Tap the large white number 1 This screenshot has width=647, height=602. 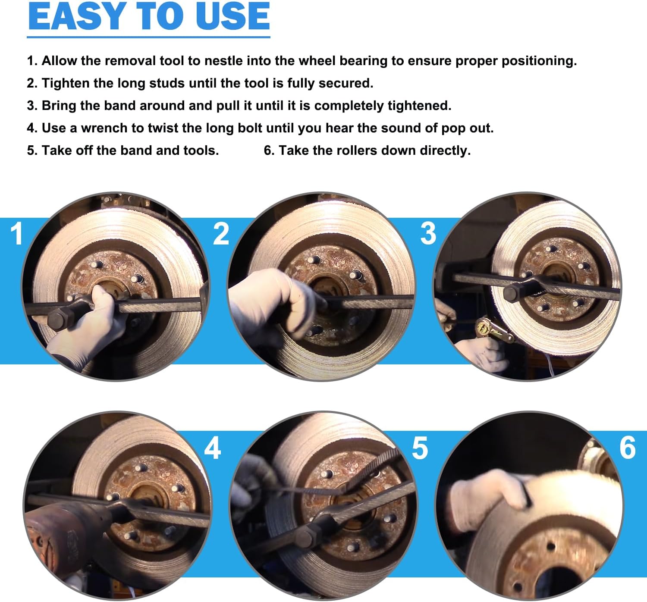coord(16,234)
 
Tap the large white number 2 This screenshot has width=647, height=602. coord(221,234)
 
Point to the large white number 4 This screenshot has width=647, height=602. coord(212,448)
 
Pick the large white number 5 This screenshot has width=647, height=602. coord(420,448)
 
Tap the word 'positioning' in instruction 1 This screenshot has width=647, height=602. coord(538,61)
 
